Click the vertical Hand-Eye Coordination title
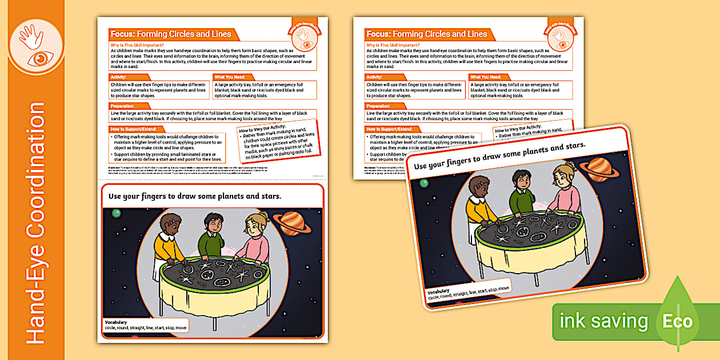tap(35, 223)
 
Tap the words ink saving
tap(604, 322)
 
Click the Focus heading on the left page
tap(170, 34)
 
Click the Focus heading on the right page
tap(426, 34)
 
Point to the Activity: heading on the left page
tap(119, 77)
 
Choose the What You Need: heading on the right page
tap(485, 77)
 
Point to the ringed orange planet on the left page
tap(291, 222)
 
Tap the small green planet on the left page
tap(116, 213)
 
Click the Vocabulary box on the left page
tap(146, 325)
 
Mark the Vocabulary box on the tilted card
tap(469, 291)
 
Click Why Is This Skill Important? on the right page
tap(393, 45)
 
